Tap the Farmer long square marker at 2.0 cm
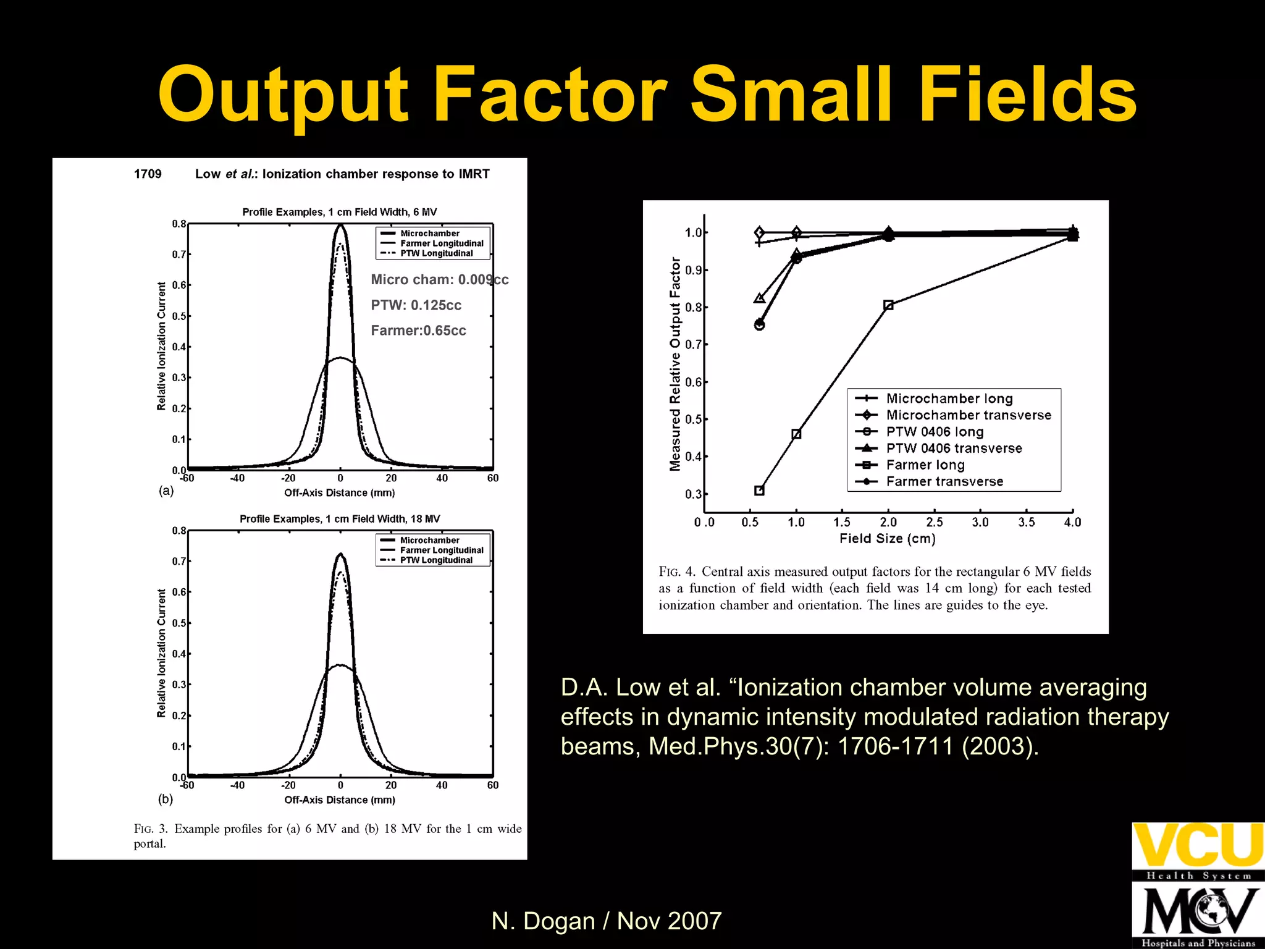point(888,305)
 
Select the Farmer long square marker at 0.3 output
point(759,491)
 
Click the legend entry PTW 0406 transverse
point(954,449)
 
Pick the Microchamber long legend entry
point(949,399)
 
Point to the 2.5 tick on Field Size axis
point(934,523)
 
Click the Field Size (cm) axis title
point(887,539)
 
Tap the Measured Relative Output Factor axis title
point(675,364)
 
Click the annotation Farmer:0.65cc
point(418,331)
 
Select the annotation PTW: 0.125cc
point(416,305)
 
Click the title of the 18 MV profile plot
point(340,519)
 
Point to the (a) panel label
point(166,491)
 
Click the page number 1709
point(148,174)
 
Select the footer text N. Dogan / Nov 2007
point(606,921)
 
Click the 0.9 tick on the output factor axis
point(693,271)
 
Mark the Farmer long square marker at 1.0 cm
point(796,434)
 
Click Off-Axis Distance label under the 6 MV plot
point(339,493)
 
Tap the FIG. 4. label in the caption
point(677,572)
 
